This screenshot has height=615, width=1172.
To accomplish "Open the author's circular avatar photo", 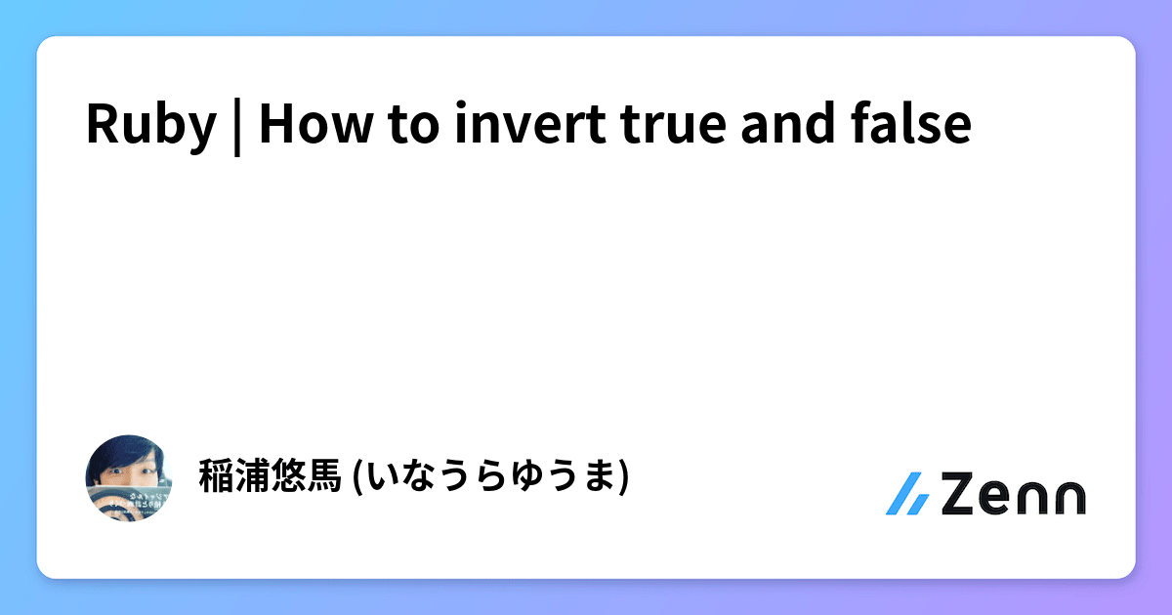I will click(130, 477).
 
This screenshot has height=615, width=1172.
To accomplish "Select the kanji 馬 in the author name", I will click(321, 476).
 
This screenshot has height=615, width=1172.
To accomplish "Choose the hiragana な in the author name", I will click(421, 476).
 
